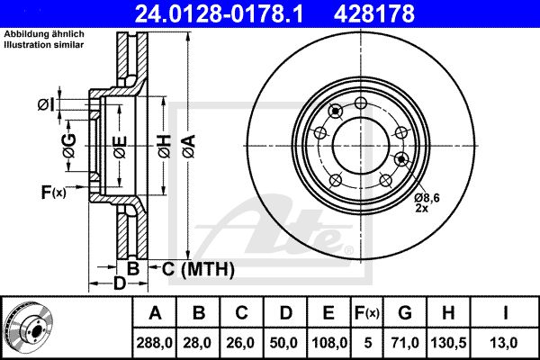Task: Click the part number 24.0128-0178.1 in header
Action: click(219, 13)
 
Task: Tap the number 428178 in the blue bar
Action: click(374, 13)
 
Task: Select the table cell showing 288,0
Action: click(154, 343)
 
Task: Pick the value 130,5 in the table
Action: click(448, 343)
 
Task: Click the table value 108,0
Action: click(328, 343)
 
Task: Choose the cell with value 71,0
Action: click(405, 343)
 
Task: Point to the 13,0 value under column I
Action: click(505, 343)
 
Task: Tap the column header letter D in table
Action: click(285, 313)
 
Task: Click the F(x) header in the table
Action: click(367, 313)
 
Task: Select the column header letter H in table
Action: click(448, 313)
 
